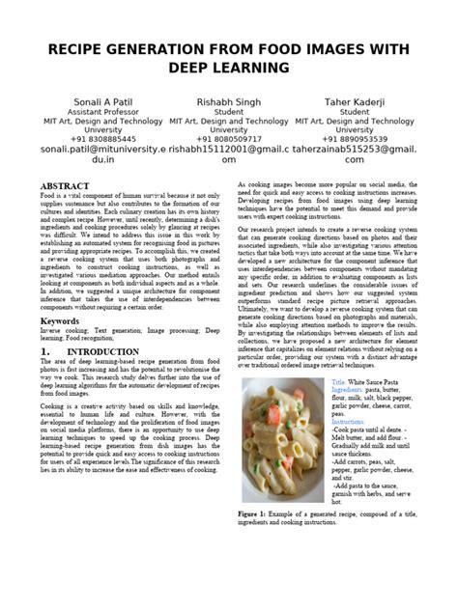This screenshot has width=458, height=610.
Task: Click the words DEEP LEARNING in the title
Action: click(x=228, y=69)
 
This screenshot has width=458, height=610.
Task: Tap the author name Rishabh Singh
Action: click(x=228, y=101)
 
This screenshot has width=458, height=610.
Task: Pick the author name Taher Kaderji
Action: click(x=355, y=101)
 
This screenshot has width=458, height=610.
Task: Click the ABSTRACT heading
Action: click(x=90, y=184)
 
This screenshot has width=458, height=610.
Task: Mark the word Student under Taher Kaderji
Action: click(x=355, y=112)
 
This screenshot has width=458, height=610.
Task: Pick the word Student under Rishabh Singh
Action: click(x=228, y=112)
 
